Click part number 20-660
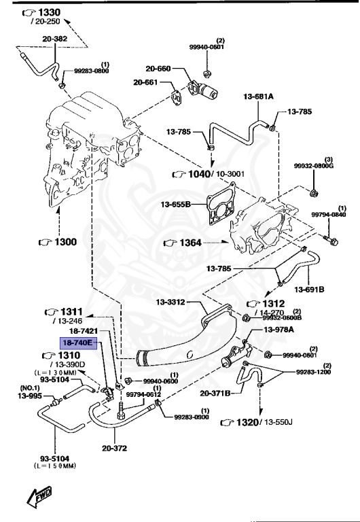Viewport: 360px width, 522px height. coord(157,68)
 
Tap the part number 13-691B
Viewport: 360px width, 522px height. coord(312,290)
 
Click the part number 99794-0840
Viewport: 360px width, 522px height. coord(329,215)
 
